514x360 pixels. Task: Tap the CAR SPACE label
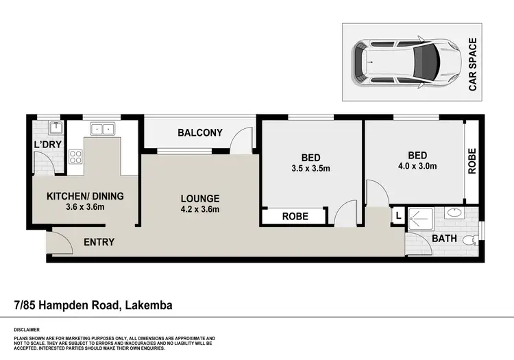[472, 64]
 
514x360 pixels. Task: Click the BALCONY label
[200, 132]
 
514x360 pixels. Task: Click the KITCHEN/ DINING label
[85, 196]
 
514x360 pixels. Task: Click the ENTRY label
[99, 242]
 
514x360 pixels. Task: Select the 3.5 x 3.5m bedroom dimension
[311, 167]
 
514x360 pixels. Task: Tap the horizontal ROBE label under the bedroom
[295, 217]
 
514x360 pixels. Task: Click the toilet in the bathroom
[469, 240]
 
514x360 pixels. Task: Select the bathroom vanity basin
[453, 213]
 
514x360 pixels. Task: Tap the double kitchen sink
[103, 128]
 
